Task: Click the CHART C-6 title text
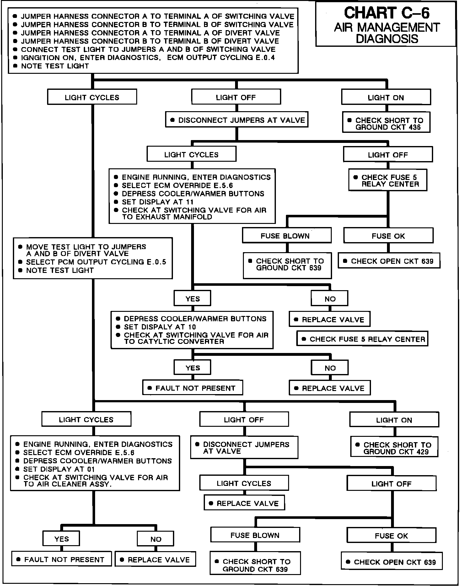(387, 13)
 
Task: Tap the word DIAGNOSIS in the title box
(387, 39)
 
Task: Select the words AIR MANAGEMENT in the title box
(387, 27)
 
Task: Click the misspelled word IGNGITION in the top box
(37, 57)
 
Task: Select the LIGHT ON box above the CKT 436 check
(386, 97)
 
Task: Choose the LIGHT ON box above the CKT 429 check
(394, 420)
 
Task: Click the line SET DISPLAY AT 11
(158, 202)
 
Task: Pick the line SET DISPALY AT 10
(160, 327)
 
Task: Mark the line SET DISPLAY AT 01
(59, 469)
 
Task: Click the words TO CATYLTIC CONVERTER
(174, 341)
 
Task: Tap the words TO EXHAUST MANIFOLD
(167, 217)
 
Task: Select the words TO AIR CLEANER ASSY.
(68, 484)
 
